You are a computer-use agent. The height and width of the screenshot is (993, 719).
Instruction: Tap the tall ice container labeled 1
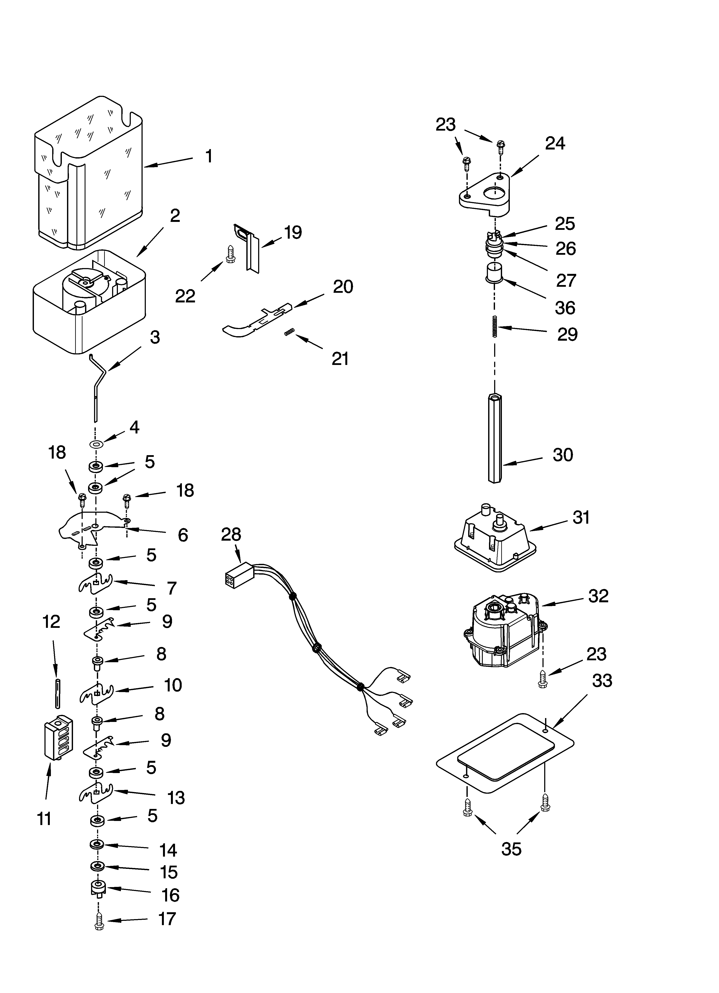pyautogui.click(x=90, y=175)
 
